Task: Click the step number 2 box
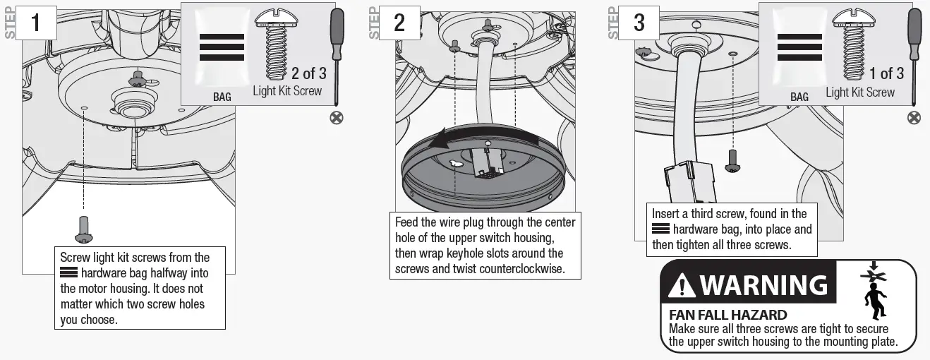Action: [x=399, y=23]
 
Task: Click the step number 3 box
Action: [x=639, y=23]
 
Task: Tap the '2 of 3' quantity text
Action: [x=309, y=73]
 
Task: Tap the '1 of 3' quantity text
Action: [x=886, y=73]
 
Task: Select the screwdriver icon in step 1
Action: [x=337, y=53]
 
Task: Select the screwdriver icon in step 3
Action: [x=914, y=53]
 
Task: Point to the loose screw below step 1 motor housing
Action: [x=84, y=229]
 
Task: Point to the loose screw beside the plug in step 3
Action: [x=734, y=161]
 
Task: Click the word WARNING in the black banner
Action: [x=763, y=284]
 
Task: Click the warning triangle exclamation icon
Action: [x=681, y=285]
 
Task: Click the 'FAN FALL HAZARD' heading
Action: [x=727, y=315]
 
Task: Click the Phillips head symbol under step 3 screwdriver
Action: [x=914, y=117]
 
